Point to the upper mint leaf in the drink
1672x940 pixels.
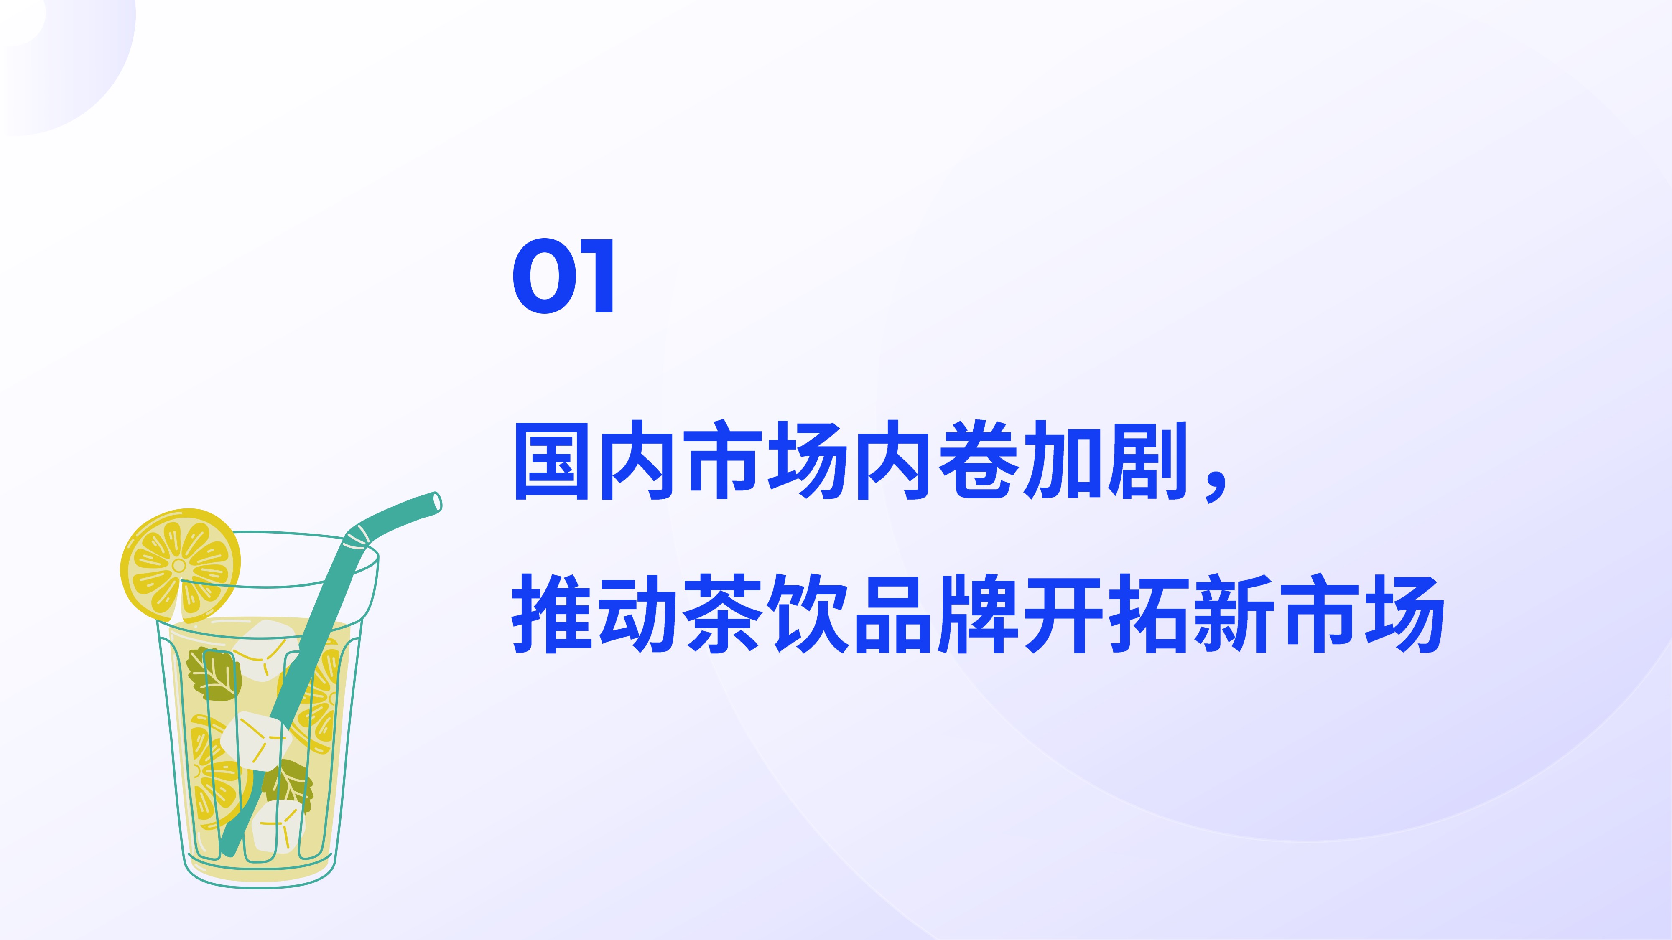tap(214, 674)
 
